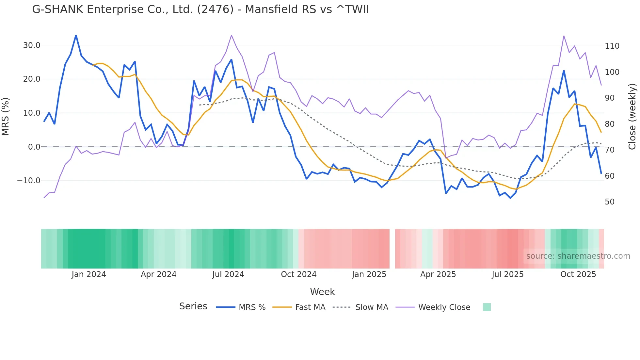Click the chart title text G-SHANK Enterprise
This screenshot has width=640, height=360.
200,9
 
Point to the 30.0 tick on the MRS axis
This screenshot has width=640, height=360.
32,45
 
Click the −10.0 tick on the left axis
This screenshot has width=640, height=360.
29,181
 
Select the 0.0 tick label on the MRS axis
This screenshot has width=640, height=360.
34,147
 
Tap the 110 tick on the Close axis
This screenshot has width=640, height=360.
612,46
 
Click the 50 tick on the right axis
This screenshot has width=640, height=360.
610,202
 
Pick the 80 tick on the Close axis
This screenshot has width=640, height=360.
610,124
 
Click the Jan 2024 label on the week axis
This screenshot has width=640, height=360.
89,274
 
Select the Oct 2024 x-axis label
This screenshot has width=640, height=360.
298,274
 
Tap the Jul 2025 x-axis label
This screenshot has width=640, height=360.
507,274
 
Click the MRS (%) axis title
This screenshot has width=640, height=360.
6,116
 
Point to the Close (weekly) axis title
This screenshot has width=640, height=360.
632,116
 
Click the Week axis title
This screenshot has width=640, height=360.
322,292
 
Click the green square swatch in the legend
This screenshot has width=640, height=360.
487,307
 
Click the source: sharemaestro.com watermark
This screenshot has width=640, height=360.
578,256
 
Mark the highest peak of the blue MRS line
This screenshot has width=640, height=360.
76,35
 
